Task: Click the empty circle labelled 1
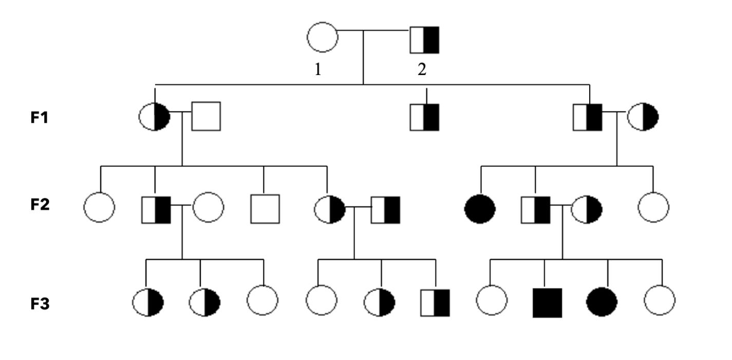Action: tap(322, 37)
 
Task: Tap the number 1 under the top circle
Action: tap(318, 70)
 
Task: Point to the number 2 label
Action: tap(422, 70)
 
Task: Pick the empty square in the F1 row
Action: tap(206, 116)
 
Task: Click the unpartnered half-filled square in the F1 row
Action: tap(425, 117)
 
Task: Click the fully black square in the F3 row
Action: tap(547, 303)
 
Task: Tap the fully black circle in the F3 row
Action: tap(602, 303)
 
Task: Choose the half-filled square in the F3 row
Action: tap(435, 303)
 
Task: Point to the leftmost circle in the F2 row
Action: tap(99, 207)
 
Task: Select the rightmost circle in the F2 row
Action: tap(653, 207)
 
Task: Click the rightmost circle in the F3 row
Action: tap(660, 302)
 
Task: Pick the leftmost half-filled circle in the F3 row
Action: tap(148, 302)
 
